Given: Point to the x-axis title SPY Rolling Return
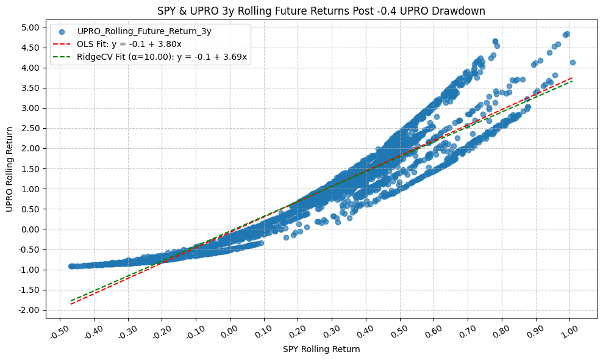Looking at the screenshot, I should point(321,350).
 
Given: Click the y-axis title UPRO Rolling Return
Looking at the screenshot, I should point(10,169).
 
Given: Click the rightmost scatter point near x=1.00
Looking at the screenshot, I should point(573,62).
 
